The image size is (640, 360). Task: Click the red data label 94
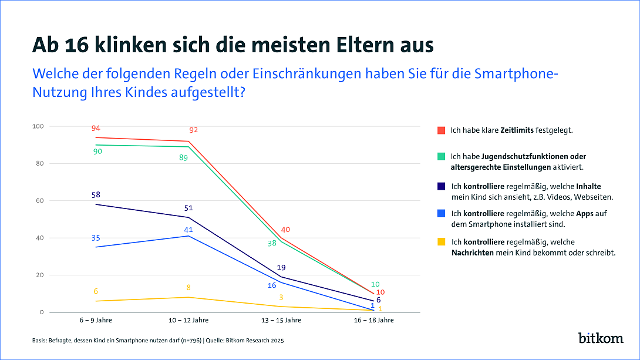tap(95, 129)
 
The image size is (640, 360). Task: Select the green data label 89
tap(183, 157)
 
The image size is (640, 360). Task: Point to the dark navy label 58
tap(95, 194)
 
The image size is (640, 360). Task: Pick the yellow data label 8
tap(188, 287)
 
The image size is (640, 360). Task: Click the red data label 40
tap(285, 230)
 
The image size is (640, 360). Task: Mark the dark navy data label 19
tap(281, 267)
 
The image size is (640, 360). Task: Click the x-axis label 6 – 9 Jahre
tap(95, 320)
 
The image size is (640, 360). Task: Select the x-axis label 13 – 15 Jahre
tap(281, 320)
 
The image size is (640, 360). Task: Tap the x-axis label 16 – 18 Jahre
tap(373, 320)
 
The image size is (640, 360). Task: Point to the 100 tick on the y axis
tap(38, 126)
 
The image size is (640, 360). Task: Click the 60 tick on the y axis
tap(40, 201)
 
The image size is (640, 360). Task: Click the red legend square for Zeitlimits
tap(442, 130)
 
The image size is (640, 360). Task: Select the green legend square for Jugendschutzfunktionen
tap(442, 157)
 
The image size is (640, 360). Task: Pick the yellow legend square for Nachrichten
tap(442, 242)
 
